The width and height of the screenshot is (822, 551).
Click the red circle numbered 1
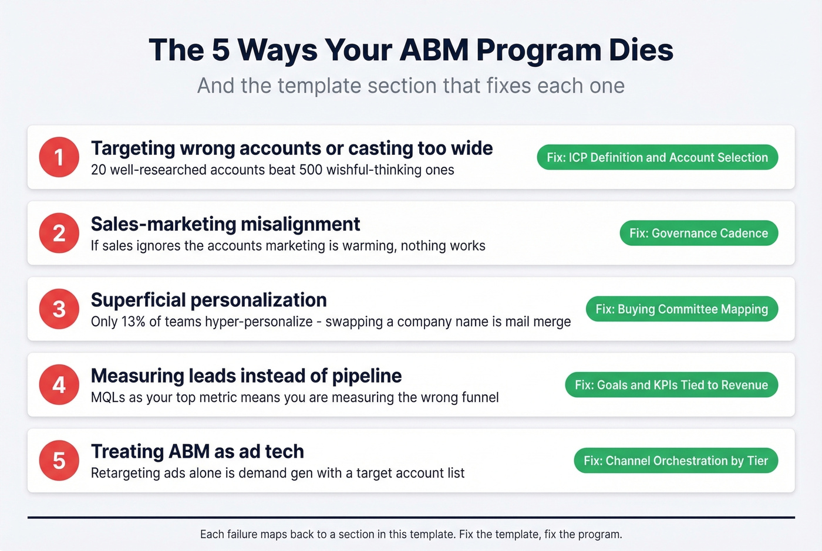coord(59,157)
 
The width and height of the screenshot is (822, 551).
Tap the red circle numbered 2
coord(59,233)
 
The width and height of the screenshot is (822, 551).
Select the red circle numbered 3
coord(59,309)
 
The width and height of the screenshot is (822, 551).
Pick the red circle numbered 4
coord(59,385)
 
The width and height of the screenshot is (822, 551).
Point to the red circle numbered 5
coord(59,461)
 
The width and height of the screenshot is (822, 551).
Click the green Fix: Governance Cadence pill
coord(699,233)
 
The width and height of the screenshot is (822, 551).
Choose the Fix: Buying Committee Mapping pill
coord(682,309)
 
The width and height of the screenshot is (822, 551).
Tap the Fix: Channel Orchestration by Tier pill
coord(676,461)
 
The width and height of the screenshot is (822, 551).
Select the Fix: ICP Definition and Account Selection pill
coord(657,157)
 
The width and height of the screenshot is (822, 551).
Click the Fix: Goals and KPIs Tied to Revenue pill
coord(671,385)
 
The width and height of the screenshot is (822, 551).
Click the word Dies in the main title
coord(641,50)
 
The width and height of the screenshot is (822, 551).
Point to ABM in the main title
coord(434,50)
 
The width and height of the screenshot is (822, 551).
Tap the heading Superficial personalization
coord(208,300)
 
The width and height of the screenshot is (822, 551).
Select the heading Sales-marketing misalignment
coord(225,224)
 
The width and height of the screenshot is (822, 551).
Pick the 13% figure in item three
coord(133,322)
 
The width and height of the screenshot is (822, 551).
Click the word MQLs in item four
coord(108,397)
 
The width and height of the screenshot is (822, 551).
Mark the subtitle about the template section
coord(411,86)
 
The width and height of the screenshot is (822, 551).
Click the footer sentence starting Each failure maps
coord(411,535)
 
